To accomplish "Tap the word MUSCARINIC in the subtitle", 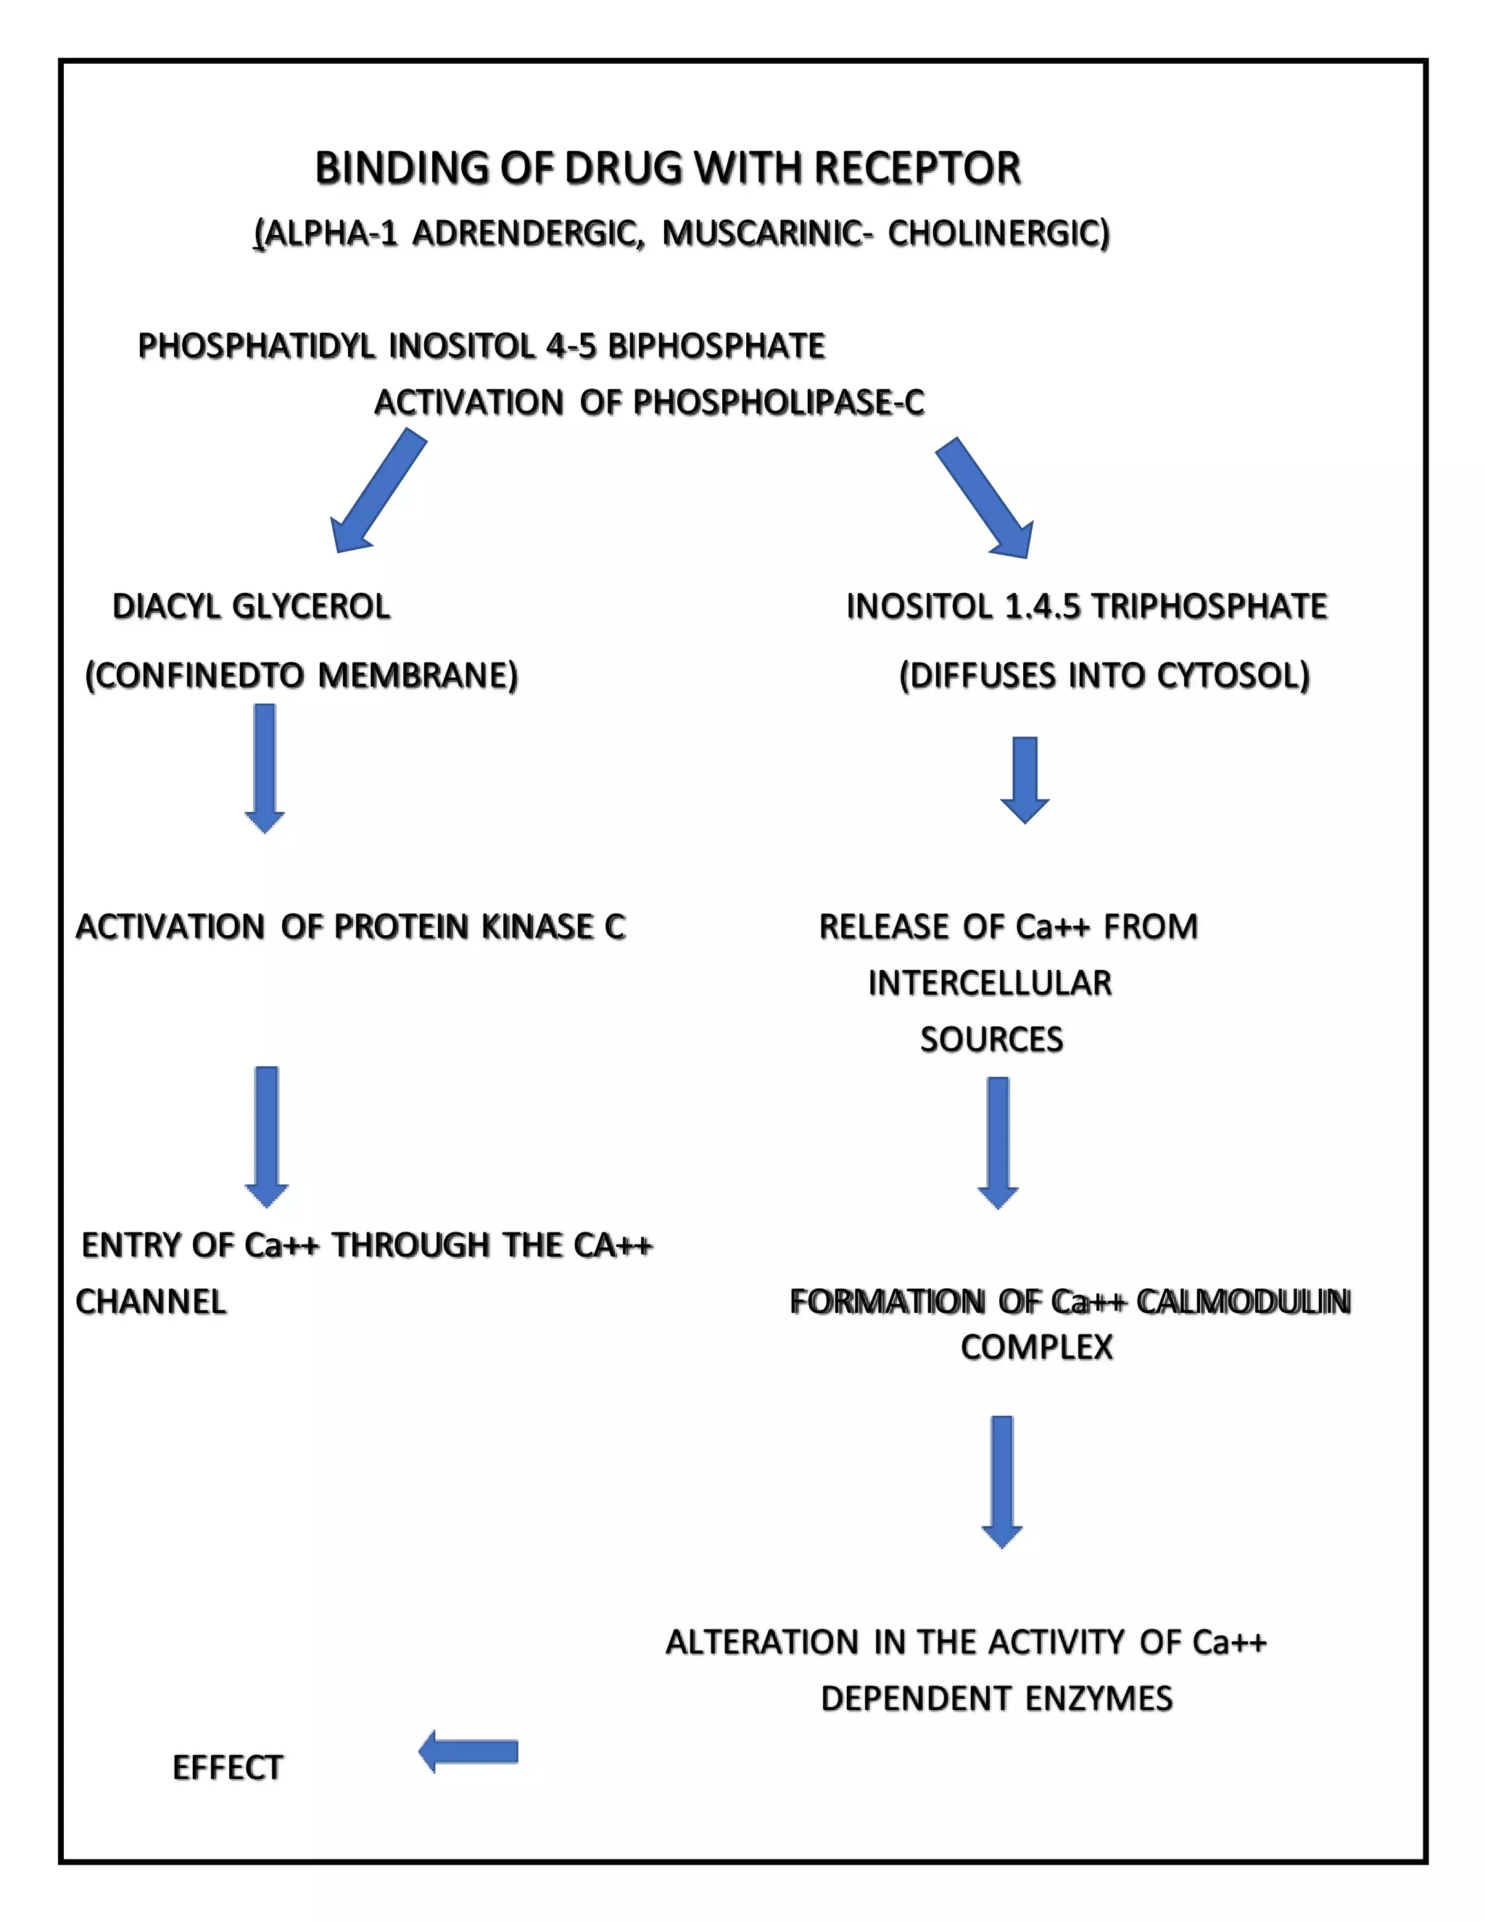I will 764,234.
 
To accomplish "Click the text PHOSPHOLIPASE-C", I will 779,403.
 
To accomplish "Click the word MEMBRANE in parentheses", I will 417,676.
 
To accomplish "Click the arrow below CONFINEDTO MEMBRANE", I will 264,768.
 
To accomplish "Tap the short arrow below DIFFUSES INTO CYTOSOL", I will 1024,779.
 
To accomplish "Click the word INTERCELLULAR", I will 990,984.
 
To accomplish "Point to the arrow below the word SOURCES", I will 998,1142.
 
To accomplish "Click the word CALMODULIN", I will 1243,1302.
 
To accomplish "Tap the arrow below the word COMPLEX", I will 1001,1481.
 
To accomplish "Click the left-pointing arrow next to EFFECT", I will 468,1751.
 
